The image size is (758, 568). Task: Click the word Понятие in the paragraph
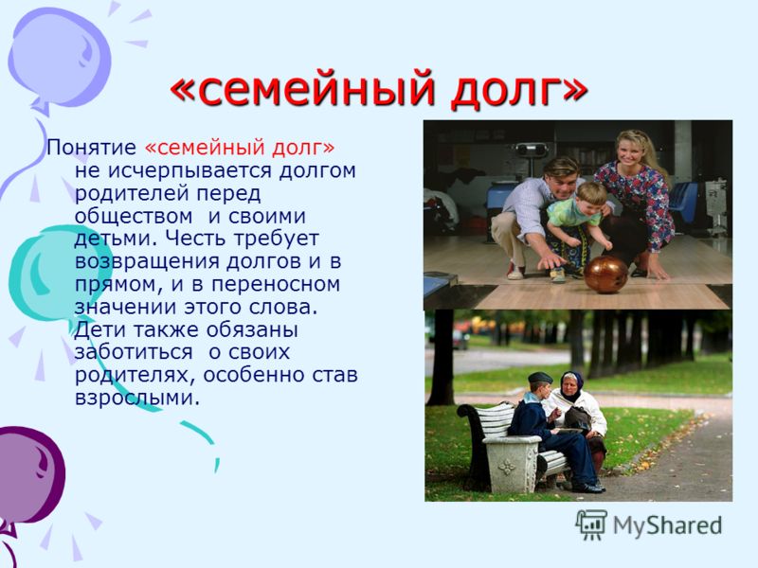point(91,148)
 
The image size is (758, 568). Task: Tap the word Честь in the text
point(198,239)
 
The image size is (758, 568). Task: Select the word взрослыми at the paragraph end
point(136,399)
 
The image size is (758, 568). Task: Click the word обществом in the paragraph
point(134,216)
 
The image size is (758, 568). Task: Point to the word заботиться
point(134,351)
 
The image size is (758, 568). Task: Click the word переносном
point(276,285)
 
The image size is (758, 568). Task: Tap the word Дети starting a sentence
point(99,329)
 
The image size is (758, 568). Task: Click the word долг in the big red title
point(519,91)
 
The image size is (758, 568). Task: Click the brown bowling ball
point(605,274)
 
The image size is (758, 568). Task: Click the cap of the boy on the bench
point(539,377)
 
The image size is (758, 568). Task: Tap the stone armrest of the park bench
point(512,461)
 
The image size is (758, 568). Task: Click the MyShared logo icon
point(590,524)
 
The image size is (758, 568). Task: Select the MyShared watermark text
point(668,525)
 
